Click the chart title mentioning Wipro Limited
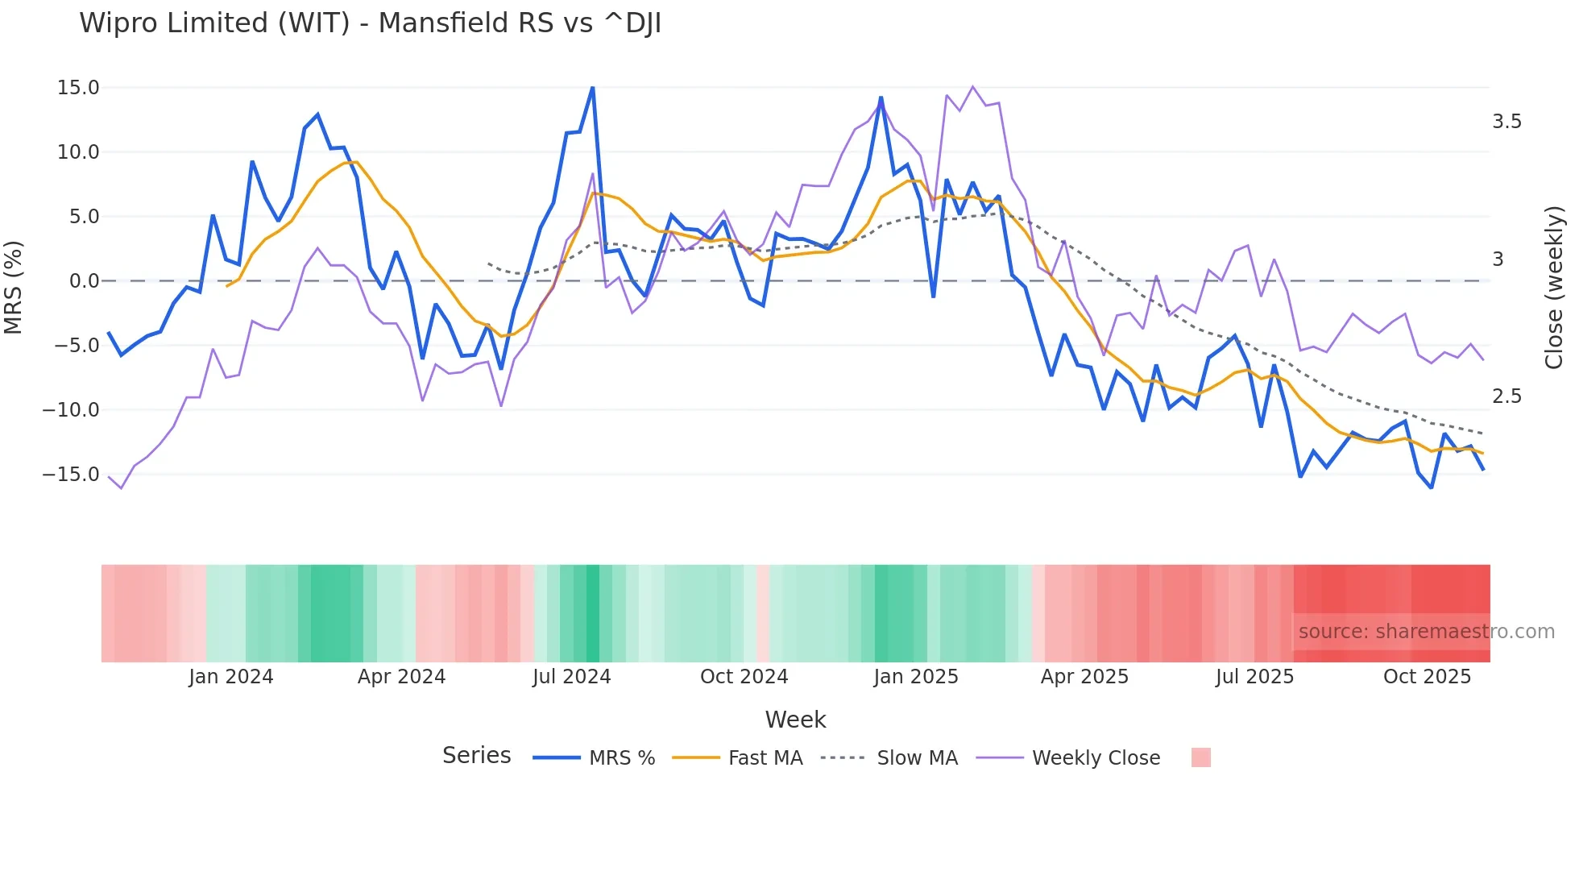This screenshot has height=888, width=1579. [x=370, y=23]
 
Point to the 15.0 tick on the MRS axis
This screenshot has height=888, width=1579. [x=78, y=88]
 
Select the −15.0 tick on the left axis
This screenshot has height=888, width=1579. [x=72, y=475]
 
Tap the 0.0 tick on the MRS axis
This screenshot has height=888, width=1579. [x=84, y=281]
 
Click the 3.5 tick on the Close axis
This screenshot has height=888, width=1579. [x=1506, y=122]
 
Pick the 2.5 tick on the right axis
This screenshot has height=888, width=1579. [x=1506, y=396]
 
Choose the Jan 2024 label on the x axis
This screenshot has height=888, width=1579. [x=231, y=677]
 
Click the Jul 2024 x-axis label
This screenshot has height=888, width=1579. [x=571, y=677]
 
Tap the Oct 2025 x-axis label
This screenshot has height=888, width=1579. [x=1427, y=677]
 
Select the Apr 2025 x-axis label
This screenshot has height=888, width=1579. [x=1084, y=677]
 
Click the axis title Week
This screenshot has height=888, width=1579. [x=795, y=720]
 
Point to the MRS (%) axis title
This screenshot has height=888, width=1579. [x=14, y=287]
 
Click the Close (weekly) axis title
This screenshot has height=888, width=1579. [x=1554, y=288]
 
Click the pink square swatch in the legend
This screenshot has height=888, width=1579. [x=1200, y=757]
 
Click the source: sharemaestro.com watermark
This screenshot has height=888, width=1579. [x=1426, y=632]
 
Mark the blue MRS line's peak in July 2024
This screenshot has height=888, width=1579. [x=593, y=88]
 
